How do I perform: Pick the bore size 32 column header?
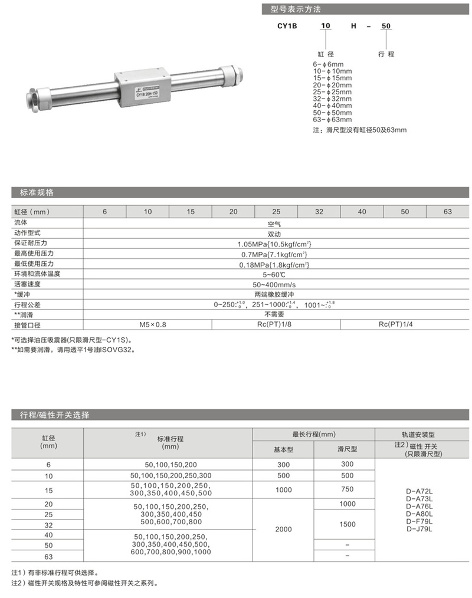(319, 211)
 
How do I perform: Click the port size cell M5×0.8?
(153, 325)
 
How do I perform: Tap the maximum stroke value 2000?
(283, 529)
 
